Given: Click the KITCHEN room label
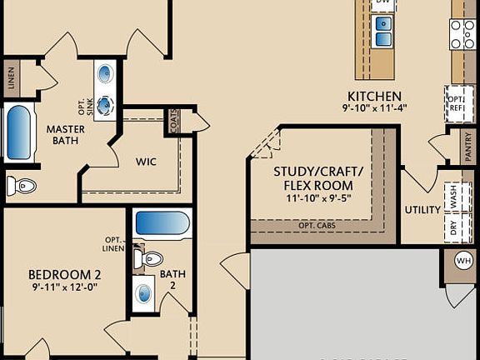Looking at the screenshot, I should (374, 96).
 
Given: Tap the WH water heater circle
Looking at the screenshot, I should (463, 261).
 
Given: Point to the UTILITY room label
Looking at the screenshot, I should (422, 210).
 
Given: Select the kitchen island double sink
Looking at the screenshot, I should (383, 32).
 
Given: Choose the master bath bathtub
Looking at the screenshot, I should (19, 133).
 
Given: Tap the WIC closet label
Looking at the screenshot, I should (146, 160).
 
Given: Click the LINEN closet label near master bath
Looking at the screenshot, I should (11, 79).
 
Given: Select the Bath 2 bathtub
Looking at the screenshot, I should (162, 223).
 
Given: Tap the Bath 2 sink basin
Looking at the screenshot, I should (145, 293).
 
